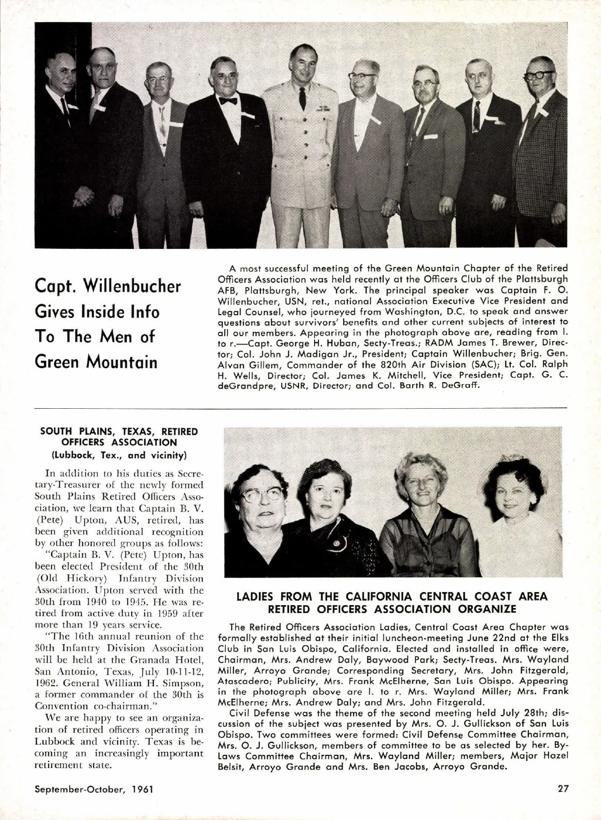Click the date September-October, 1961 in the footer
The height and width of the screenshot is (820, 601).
94,789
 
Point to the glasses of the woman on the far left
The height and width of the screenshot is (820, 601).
262,495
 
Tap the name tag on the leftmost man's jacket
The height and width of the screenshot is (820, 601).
73,106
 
